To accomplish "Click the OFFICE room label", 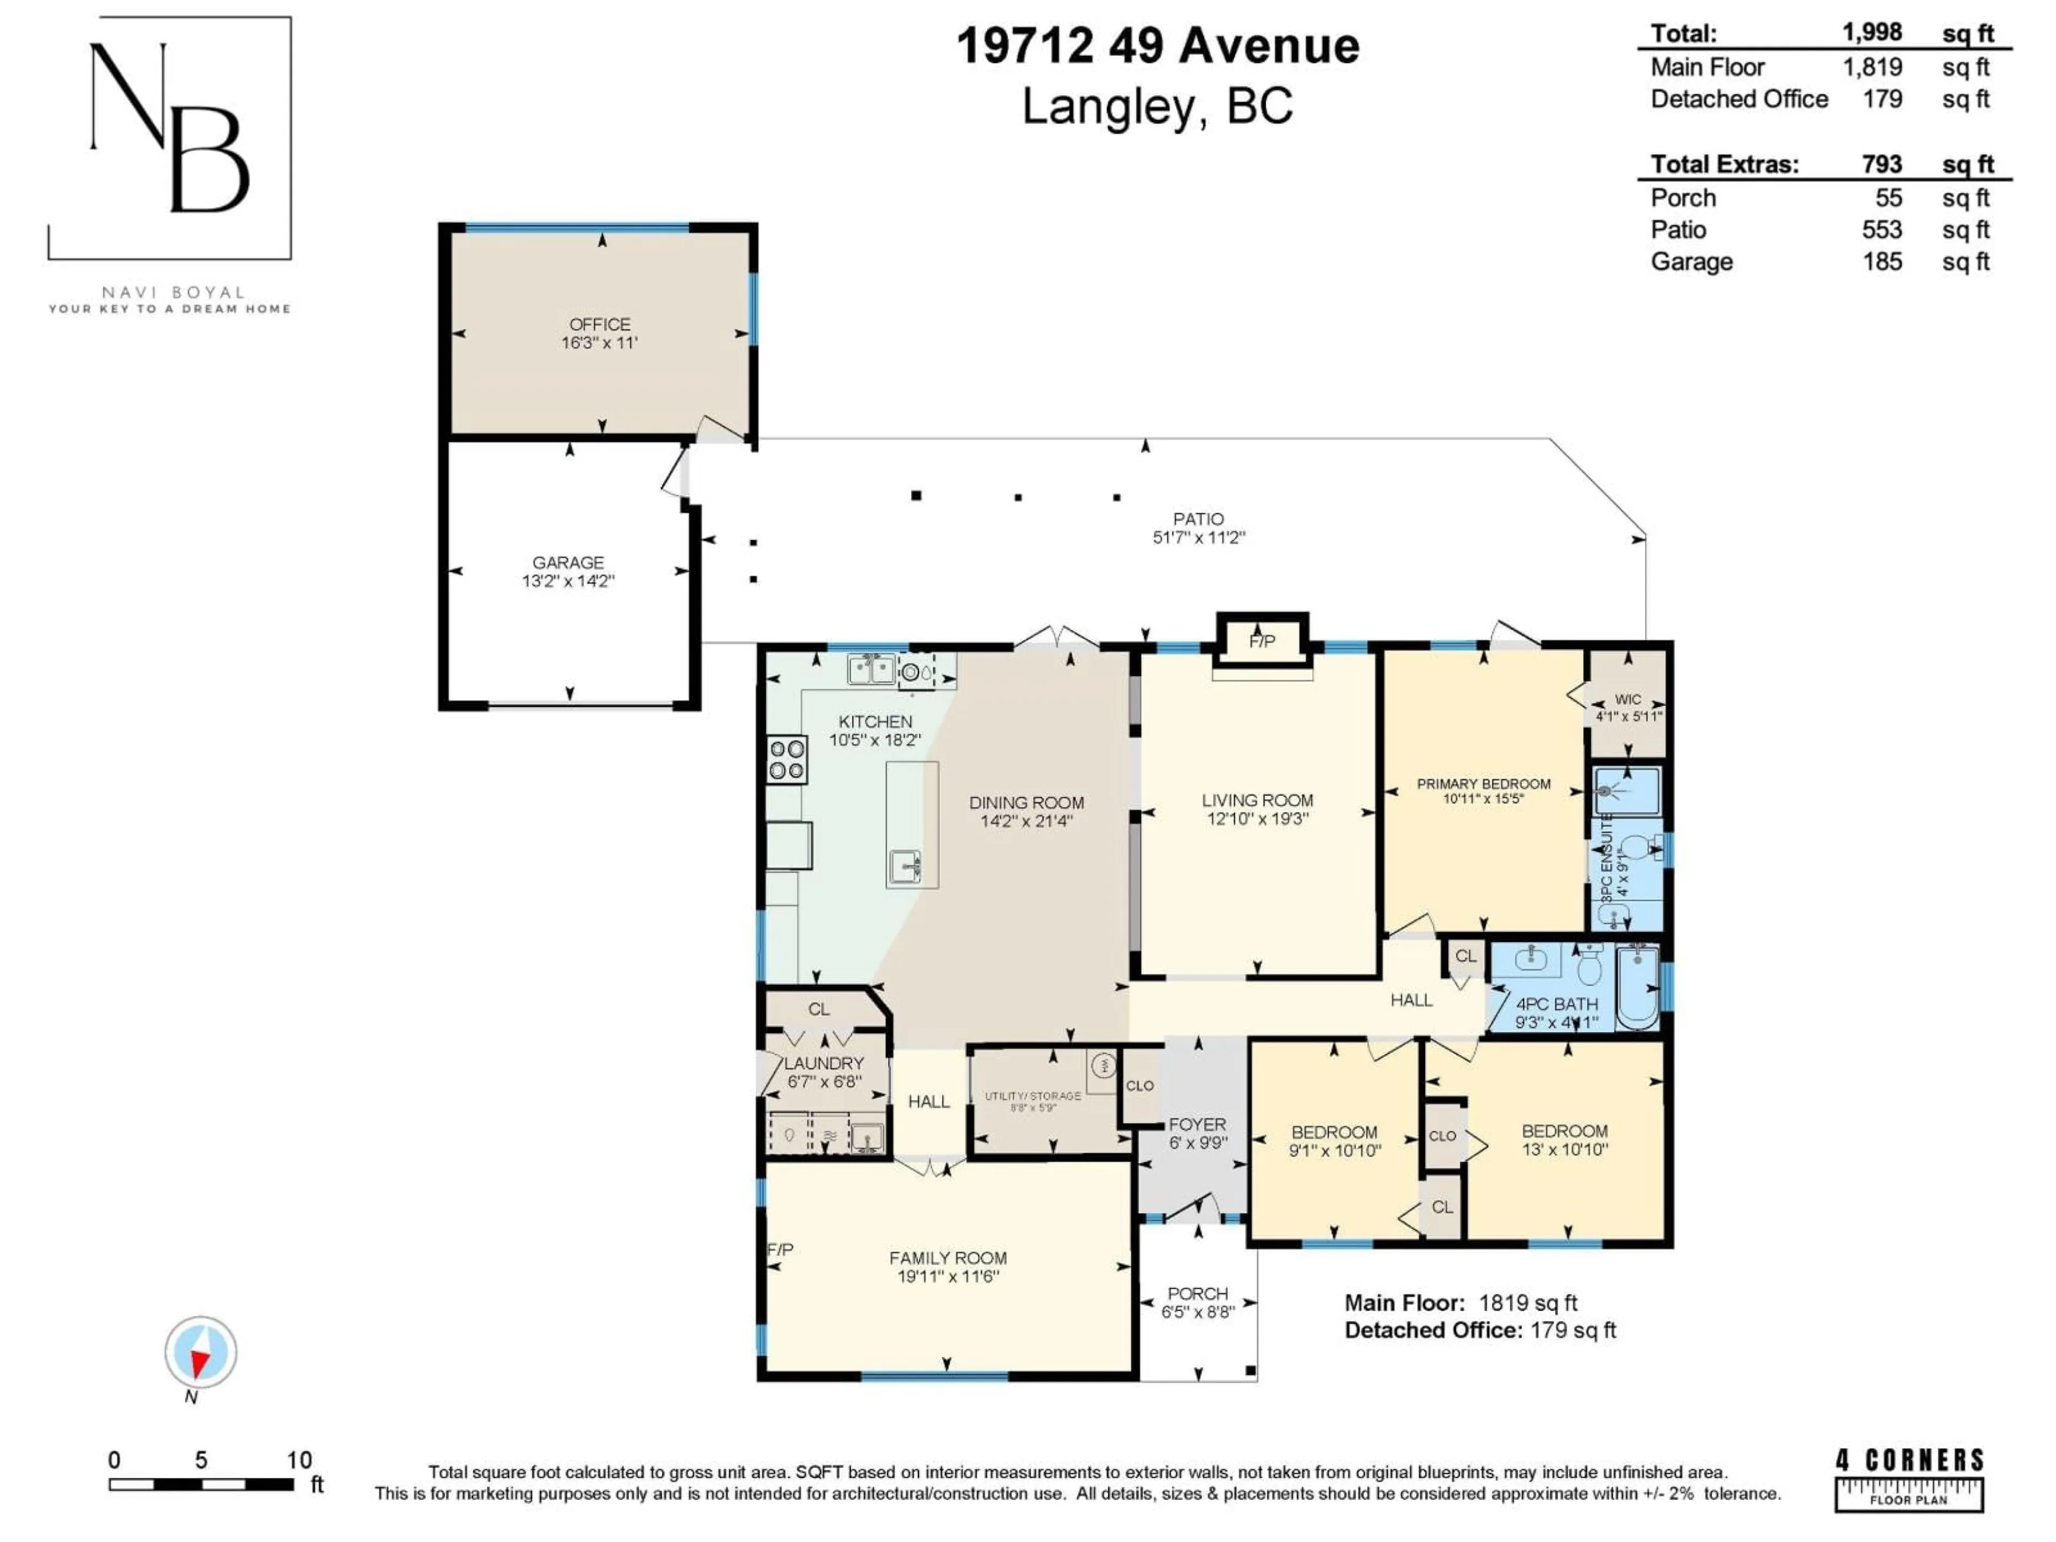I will point(600,324).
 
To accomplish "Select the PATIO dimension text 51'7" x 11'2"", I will point(1198,537).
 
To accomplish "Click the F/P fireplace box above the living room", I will point(1261,641).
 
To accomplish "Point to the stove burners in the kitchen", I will point(787,759).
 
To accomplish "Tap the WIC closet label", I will point(1628,699).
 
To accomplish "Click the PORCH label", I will point(1197,1293).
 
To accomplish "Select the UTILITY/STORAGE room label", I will point(1033,1096).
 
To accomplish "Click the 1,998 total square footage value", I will point(1872,33).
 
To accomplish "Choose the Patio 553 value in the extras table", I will point(1881,230).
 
